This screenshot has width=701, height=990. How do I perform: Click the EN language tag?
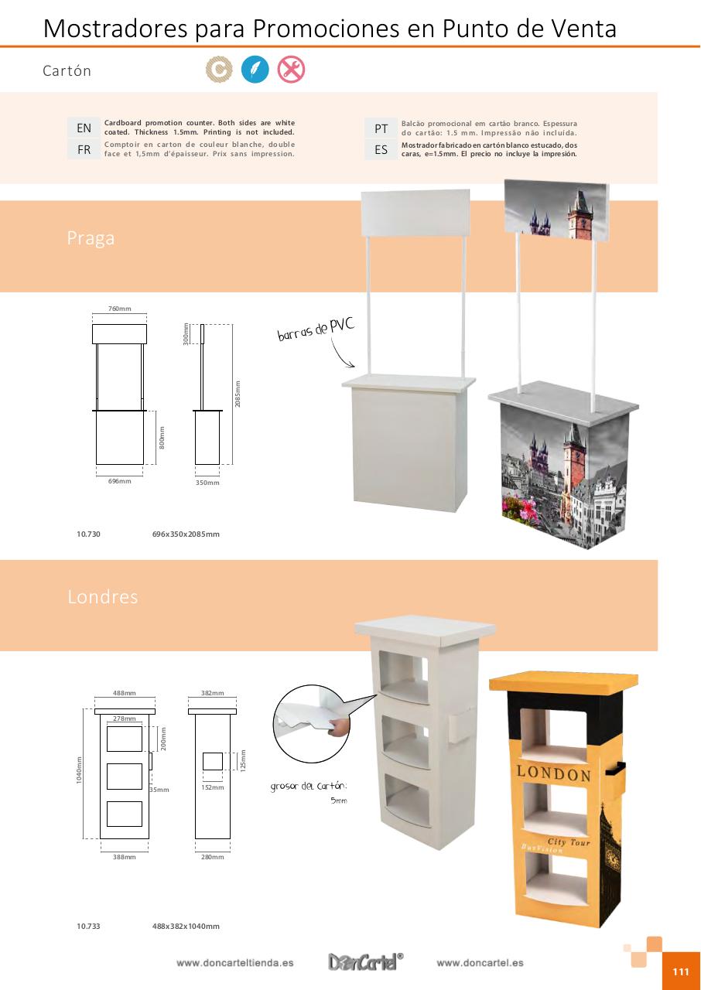pos(84,128)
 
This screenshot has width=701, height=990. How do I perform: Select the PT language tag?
pos(381,128)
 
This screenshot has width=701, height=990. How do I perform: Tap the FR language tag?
pos(84,149)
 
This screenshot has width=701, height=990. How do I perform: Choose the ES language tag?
pos(381,149)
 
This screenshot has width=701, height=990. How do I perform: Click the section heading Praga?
pos(91,238)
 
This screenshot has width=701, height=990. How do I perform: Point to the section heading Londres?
pos(102,597)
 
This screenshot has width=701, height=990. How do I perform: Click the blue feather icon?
pos(255,70)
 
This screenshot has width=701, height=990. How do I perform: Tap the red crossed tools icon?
pos(291,70)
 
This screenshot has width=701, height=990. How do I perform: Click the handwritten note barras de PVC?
pos(316,330)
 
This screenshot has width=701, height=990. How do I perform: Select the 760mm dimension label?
pos(119,309)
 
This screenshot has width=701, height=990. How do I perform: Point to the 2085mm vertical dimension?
pos(238,394)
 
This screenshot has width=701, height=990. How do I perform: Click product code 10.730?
pos(88,534)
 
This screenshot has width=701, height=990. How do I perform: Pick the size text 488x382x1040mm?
pos(186,926)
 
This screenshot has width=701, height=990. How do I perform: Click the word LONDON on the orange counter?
pos(553,773)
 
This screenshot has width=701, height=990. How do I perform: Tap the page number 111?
pos(680,972)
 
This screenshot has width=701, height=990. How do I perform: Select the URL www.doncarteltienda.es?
pos(234,963)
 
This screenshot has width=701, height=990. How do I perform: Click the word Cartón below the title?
pos(67,71)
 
